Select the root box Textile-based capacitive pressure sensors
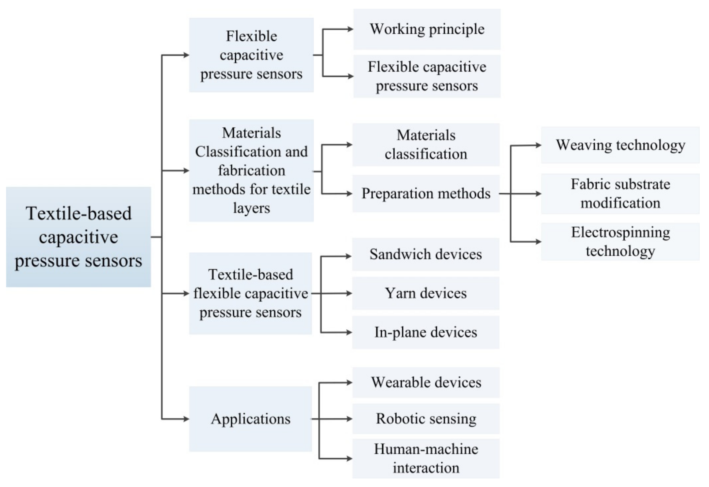(x=78, y=237)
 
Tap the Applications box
(x=251, y=419)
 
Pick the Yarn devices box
(x=426, y=293)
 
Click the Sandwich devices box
(x=426, y=254)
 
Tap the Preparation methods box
(x=426, y=193)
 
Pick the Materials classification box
(x=426, y=145)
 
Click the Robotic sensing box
(x=426, y=419)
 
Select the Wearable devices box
(x=426, y=382)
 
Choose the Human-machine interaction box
(x=426, y=458)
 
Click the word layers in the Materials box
(x=251, y=208)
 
